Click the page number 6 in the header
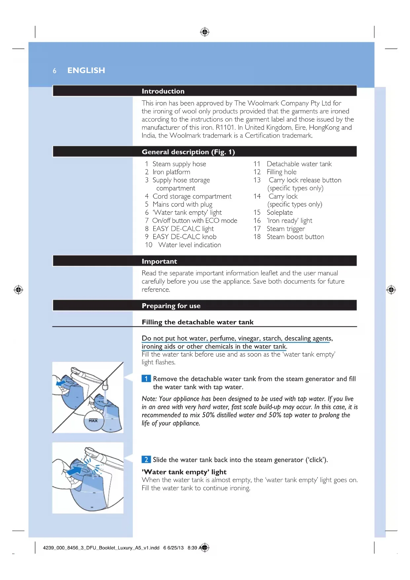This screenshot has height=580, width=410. tap(55, 71)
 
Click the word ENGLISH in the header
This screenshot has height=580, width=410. tap(86, 70)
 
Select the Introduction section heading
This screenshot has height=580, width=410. tap(163, 91)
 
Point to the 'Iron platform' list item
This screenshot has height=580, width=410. tap(171, 172)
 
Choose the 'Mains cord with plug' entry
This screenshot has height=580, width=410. tap(182, 204)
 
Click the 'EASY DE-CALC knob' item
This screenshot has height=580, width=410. tap(184, 237)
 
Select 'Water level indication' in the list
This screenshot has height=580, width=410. tap(189, 245)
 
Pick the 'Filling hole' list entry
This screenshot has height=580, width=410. tap(281, 172)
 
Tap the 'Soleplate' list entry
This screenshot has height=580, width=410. tap(280, 213)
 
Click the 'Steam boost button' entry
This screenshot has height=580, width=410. tap(295, 237)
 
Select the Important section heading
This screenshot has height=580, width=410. tap(159, 261)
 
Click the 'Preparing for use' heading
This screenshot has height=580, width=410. tap(171, 306)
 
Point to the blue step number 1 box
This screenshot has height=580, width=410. tap(146, 379)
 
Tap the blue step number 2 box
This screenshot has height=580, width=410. tap(146, 460)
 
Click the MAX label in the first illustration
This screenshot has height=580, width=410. tap(93, 421)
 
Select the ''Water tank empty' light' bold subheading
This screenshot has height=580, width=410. tap(184, 472)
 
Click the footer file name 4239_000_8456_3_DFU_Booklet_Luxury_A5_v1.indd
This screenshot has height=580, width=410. tap(101, 548)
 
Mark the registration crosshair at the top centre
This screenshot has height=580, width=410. tap(205, 32)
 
